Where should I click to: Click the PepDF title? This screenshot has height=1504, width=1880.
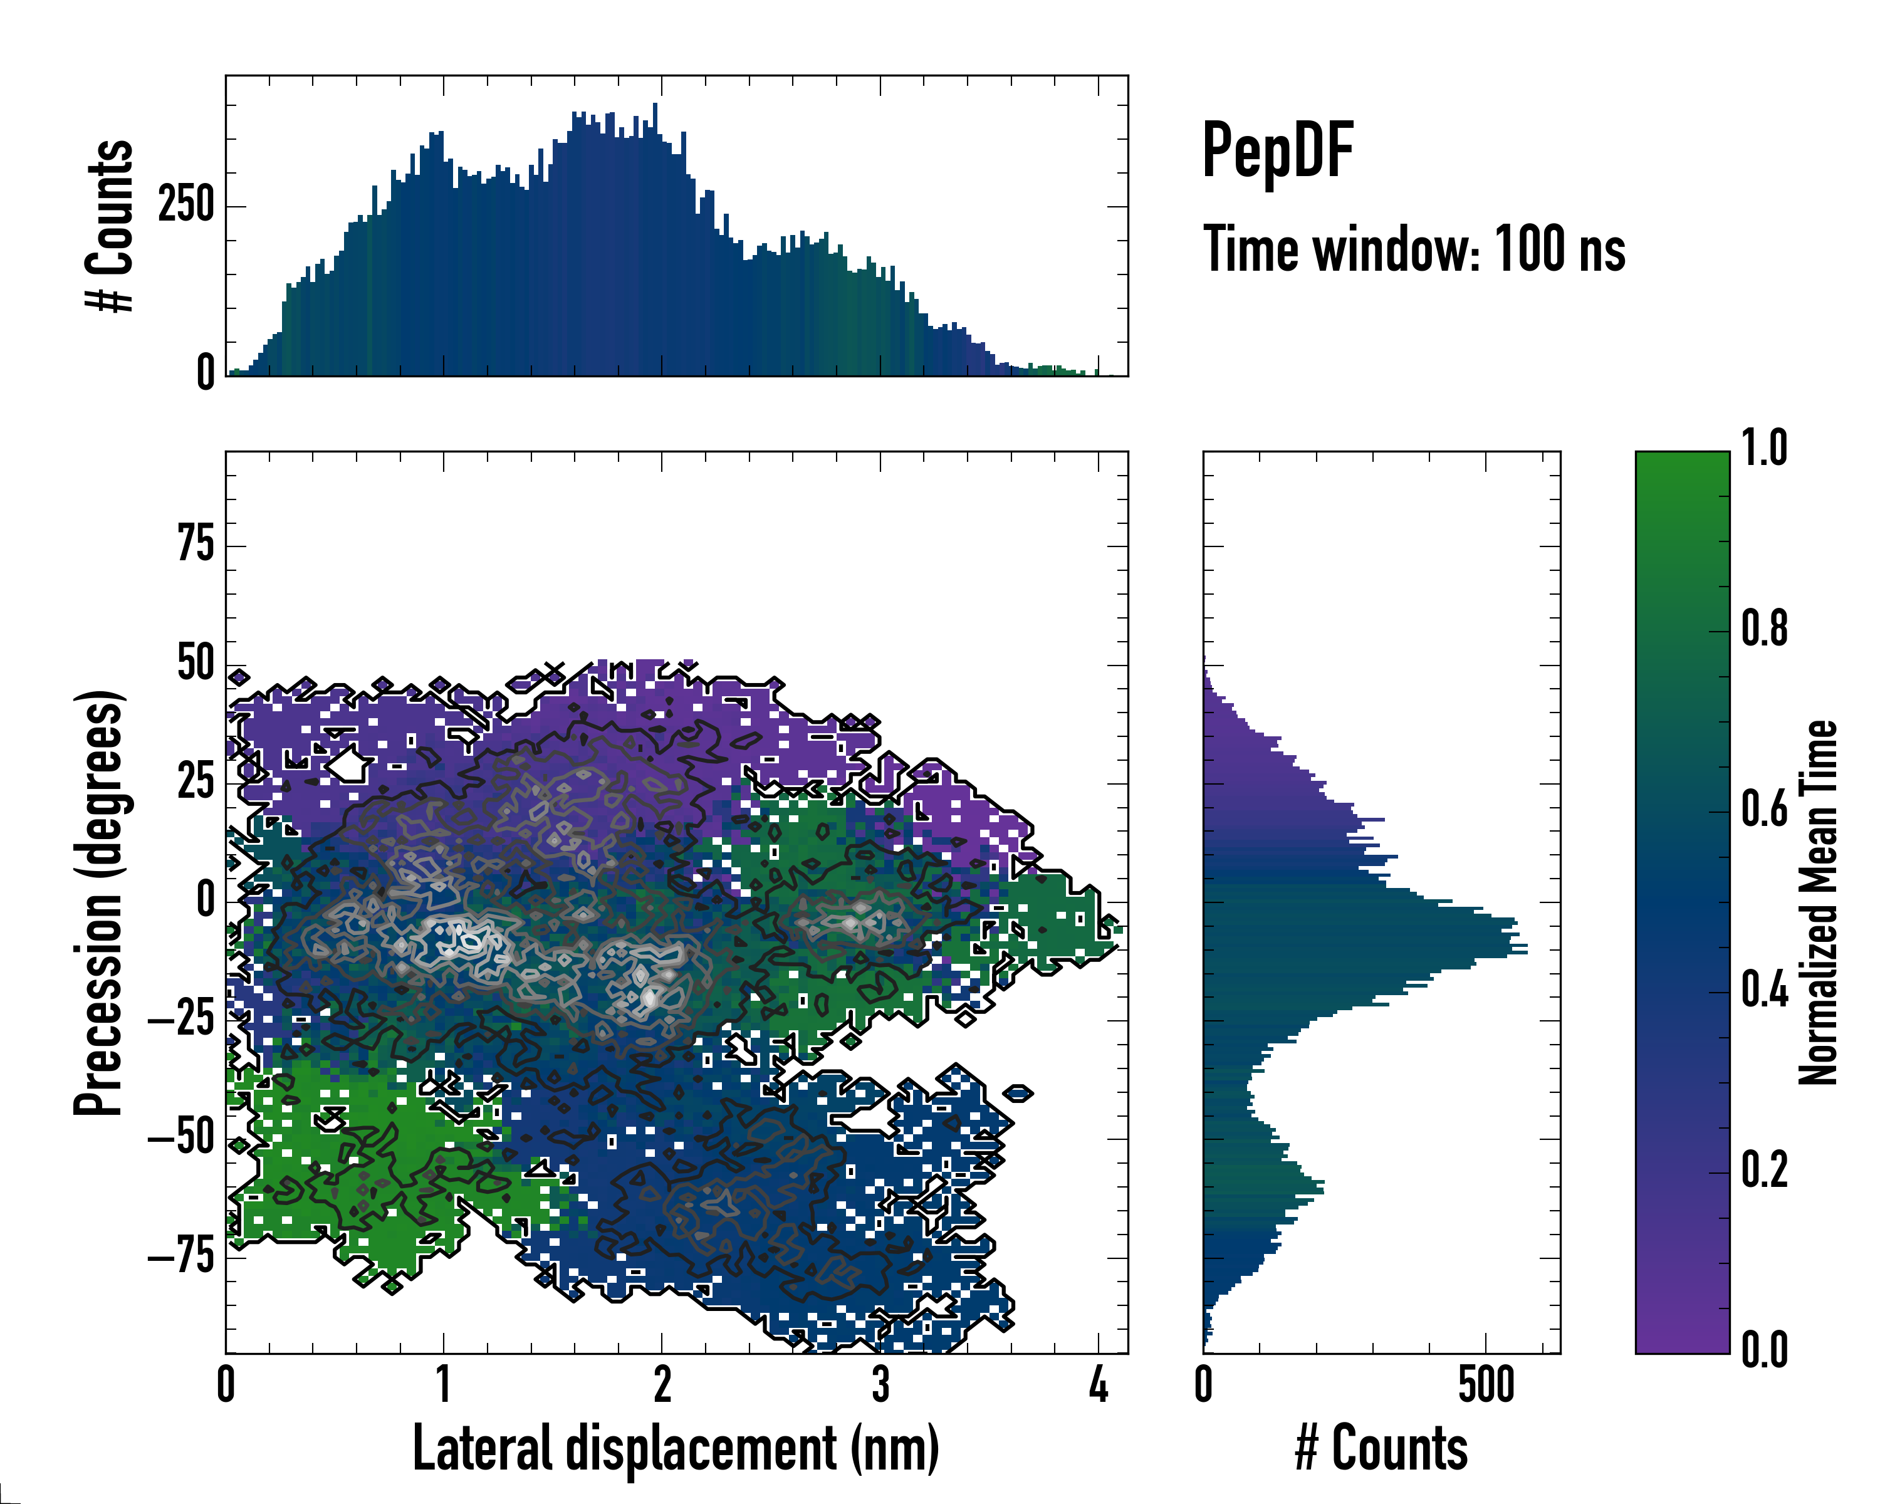coord(1277,151)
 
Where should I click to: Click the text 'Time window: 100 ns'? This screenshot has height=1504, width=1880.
coord(1414,249)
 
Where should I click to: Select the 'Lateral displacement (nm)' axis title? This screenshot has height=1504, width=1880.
coord(676,1448)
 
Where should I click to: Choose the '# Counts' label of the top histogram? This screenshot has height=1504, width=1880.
coord(110,225)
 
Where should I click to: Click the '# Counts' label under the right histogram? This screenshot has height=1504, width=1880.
coord(1381,1448)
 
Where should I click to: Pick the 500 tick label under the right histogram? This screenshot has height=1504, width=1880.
coord(1486,1386)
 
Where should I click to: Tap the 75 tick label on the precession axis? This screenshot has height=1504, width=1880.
coord(196,545)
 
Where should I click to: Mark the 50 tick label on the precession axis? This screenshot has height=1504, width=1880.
coord(196,664)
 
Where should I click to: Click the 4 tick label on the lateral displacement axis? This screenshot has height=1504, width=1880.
coord(1098,1386)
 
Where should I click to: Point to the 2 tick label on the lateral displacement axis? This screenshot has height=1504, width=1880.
coord(662,1386)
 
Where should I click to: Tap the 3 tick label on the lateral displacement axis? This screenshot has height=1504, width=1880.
coord(880,1386)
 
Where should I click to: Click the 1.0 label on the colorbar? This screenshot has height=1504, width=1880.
coord(1764,449)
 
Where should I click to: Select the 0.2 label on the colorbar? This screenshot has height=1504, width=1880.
coord(1764,1170)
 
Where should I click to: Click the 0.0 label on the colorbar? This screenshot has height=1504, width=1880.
coord(1764,1350)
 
